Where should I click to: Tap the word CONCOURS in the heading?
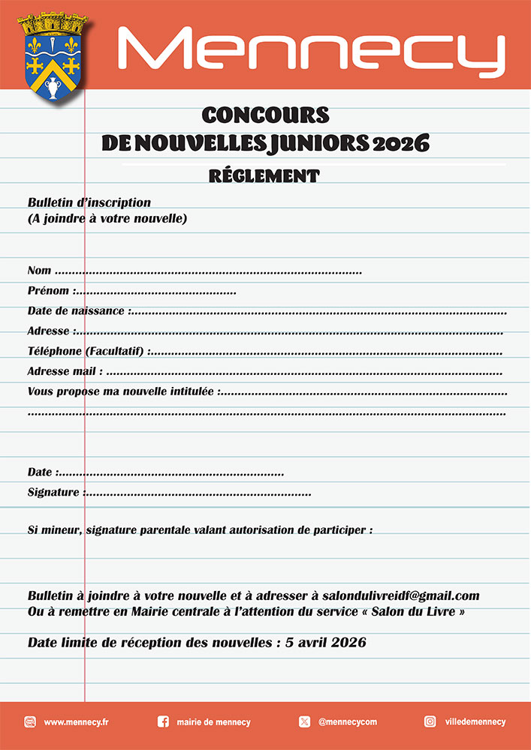[265, 115]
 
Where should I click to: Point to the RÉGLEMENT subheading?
[264, 176]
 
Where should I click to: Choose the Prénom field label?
[50, 291]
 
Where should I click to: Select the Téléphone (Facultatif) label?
[86, 351]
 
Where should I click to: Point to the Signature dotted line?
[197, 493]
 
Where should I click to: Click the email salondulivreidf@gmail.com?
[400, 595]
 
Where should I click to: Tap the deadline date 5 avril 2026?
[326, 643]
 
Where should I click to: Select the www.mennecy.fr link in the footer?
[77, 722]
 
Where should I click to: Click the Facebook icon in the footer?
[163, 721]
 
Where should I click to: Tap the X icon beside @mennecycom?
[304, 721]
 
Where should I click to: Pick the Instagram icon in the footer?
[430, 721]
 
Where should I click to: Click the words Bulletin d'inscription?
[89, 202]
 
